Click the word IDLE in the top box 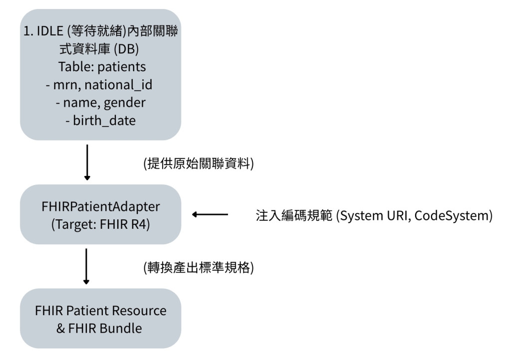pos(50,31)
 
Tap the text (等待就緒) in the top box pos(96,31)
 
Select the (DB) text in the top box pos(126,49)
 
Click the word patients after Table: pos(122,67)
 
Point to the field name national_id pos(118,85)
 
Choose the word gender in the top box pos(124,103)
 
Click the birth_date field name pos(104,121)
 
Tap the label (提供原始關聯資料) pos(199,164)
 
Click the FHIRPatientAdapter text pos(101,207)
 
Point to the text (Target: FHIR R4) pos(101,224)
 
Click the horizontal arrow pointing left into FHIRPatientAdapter pos(210,214)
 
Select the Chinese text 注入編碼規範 pos(294,216)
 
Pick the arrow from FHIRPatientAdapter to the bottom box pos(86,267)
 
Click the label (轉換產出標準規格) pos(199,268)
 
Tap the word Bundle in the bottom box pos(121,329)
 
